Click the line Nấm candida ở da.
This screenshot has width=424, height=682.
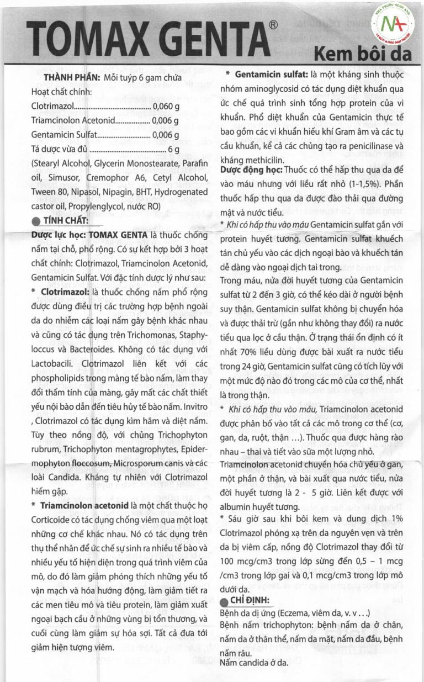tap(253, 662)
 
